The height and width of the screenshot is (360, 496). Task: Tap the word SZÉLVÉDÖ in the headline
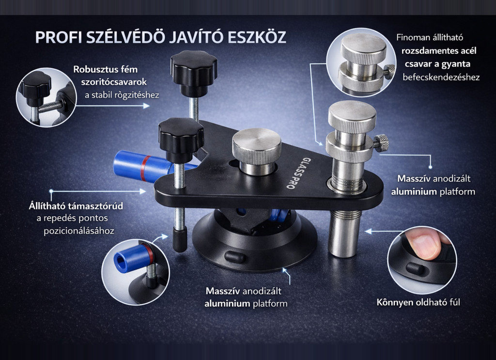pyautogui.click(x=125, y=37)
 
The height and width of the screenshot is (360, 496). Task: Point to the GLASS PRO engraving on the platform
pyautogui.click(x=298, y=173)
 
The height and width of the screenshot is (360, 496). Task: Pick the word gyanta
pyautogui.click(x=455, y=64)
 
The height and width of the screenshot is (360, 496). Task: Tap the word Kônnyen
pyautogui.click(x=394, y=302)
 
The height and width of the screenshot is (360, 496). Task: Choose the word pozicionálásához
pyautogui.click(x=79, y=231)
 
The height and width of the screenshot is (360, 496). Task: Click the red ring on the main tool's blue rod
pyautogui.click(x=145, y=168)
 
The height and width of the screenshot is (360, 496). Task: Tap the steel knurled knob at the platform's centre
pyautogui.click(x=257, y=146)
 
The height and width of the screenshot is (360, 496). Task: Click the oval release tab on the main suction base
pyautogui.click(x=235, y=257)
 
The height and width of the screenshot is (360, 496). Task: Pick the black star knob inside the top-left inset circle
pyautogui.click(x=35, y=85)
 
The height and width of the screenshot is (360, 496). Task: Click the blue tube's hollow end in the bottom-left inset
pyautogui.click(x=121, y=263)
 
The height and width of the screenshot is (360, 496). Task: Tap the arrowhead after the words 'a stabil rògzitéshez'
pyautogui.click(x=146, y=106)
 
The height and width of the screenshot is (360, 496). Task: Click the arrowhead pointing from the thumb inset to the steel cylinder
pyautogui.click(x=368, y=231)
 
